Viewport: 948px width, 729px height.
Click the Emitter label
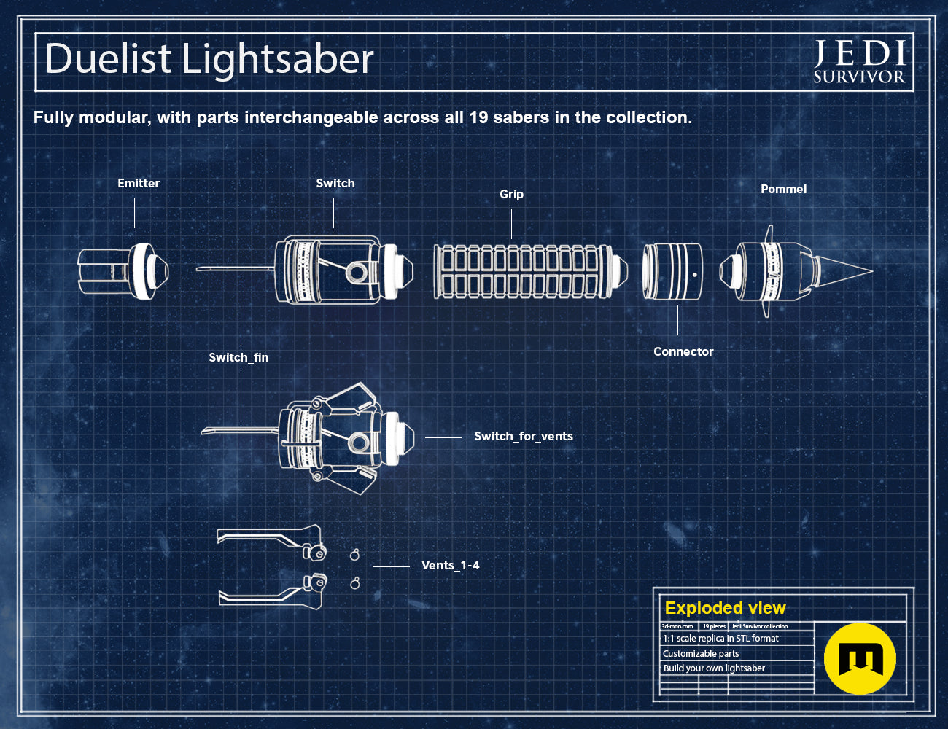[139, 183]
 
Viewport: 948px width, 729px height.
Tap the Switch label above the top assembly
[335, 183]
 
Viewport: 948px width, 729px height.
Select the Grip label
[511, 195]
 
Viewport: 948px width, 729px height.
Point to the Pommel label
[783, 189]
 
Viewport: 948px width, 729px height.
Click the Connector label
[683, 351]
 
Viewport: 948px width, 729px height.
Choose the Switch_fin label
[238, 357]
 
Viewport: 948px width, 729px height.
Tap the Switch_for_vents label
[524, 436]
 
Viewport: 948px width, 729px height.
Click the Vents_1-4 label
[450, 566]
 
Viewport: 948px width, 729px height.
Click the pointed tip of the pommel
[872, 270]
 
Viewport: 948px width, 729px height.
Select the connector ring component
[672, 271]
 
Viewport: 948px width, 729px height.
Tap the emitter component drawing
[123, 270]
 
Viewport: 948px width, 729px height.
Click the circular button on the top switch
[357, 273]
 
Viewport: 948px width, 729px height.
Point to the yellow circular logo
[860, 658]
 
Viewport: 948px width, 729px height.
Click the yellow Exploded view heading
[725, 608]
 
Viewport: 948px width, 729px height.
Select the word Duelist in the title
[108, 58]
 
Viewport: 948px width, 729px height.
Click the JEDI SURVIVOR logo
[859, 61]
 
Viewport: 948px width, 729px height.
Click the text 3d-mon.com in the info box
[677, 626]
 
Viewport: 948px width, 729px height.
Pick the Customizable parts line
[701, 654]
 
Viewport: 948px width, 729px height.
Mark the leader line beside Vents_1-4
[392, 567]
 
